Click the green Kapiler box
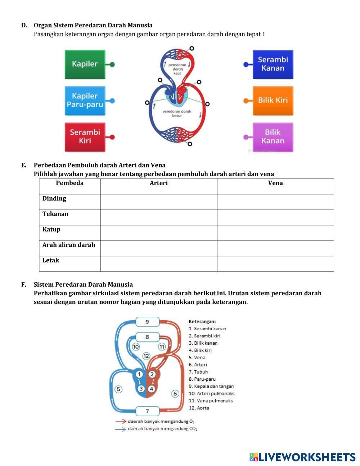point(85,64)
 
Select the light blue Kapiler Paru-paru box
point(85,100)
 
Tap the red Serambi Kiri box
point(85,137)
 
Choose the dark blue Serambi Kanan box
point(273,64)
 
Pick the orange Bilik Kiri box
point(273,100)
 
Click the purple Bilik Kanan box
point(273,137)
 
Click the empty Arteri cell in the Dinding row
point(158,202)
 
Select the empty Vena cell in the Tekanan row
point(275,218)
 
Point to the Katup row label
point(51,229)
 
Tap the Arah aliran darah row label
point(69,245)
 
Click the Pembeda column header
point(69,183)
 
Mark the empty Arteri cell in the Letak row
point(158,264)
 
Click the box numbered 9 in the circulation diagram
point(147,322)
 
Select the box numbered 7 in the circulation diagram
point(147,411)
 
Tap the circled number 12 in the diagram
point(146,356)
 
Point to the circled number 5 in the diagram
point(118,389)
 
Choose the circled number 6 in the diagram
point(175,393)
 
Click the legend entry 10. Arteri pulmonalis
point(211,393)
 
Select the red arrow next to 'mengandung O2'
point(121,421)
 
